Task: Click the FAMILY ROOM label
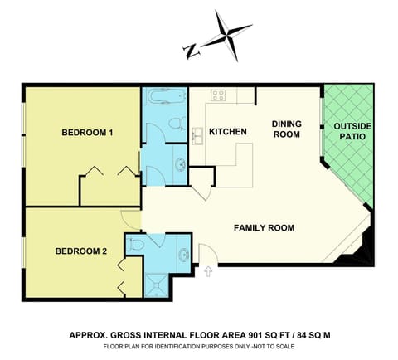click(264, 227)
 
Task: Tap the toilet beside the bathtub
click(176, 123)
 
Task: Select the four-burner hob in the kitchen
click(219, 95)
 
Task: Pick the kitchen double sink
click(199, 135)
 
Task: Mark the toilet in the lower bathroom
click(137, 244)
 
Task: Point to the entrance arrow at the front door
click(207, 270)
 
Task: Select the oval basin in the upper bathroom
click(180, 163)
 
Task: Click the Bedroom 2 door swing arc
click(131, 219)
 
